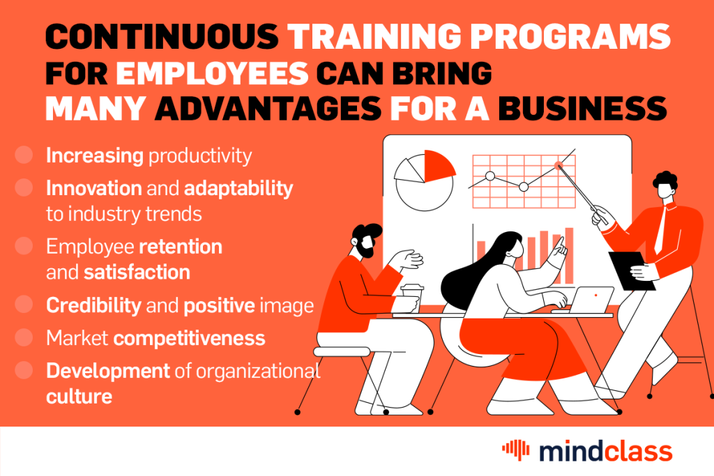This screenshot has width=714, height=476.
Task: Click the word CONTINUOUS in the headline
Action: point(162,36)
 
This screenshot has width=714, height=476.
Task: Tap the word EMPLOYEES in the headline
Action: point(213,73)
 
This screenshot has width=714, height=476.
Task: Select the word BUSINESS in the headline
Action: point(582,109)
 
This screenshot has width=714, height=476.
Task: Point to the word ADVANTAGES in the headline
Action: point(268,109)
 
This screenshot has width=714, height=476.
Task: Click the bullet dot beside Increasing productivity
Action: point(24,155)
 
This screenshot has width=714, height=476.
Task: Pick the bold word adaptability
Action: point(238,189)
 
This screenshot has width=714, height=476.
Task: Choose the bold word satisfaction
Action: point(137,272)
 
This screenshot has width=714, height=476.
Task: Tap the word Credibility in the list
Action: point(94,305)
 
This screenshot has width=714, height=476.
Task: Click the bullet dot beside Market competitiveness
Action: point(24,337)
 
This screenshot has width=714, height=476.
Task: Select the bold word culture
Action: point(79,397)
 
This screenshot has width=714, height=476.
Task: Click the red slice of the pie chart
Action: point(438,166)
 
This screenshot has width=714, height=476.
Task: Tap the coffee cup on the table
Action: point(412,298)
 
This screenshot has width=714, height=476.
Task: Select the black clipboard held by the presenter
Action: point(632,271)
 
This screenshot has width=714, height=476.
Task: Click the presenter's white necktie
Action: point(660,230)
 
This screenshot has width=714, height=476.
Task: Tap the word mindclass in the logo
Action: point(606,452)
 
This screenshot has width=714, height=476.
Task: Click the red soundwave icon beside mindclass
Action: point(516,450)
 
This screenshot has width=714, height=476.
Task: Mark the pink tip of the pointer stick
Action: point(559,165)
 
